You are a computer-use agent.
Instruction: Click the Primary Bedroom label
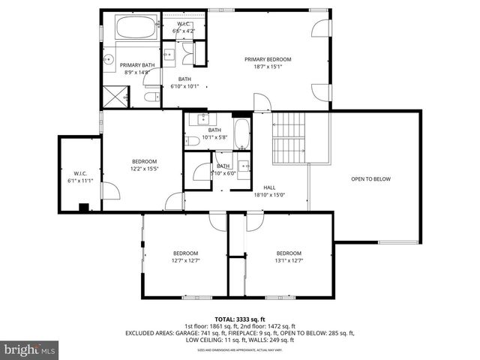tap(268, 63)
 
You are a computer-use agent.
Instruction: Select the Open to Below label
tap(370, 179)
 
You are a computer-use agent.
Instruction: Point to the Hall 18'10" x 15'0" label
tap(269, 192)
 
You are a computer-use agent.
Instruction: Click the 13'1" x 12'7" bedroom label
tap(288, 256)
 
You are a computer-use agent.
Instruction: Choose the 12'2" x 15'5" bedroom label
tap(144, 165)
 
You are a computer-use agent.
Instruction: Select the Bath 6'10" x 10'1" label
tap(184, 82)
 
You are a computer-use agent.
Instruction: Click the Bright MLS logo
tap(30, 349)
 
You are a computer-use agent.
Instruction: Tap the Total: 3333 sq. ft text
tap(239, 319)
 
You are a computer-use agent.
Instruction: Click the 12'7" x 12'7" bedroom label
tap(185, 256)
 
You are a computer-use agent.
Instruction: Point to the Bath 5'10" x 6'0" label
tap(223, 169)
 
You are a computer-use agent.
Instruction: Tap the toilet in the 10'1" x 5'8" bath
tap(193, 140)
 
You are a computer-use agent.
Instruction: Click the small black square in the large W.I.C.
tap(84, 208)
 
